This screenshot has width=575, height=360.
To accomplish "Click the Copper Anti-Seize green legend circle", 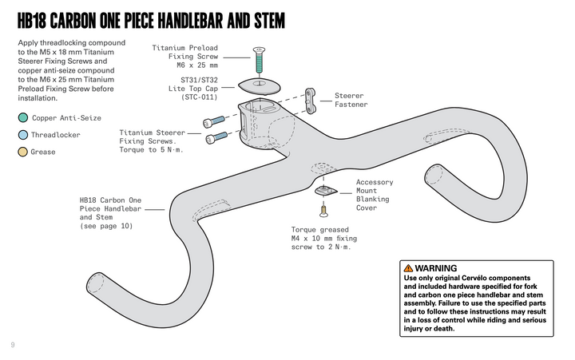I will (22, 118).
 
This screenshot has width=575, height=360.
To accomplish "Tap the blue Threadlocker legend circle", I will (22, 135).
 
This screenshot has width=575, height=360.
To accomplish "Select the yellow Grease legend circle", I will (22, 152).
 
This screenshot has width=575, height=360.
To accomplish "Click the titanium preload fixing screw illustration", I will (258, 59).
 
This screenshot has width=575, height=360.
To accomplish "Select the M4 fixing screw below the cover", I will (324, 211).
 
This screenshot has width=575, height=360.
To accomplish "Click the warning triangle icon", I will (408, 268).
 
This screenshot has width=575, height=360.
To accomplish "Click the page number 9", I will (13, 345).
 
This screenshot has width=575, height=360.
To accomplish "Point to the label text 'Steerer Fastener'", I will (351, 100).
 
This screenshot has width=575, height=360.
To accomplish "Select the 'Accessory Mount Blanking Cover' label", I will (374, 195).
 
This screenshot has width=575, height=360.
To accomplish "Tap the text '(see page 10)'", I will (106, 226).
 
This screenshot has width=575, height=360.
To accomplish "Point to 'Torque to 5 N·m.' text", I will (152, 150).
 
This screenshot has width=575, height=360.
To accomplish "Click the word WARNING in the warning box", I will (436, 268).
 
